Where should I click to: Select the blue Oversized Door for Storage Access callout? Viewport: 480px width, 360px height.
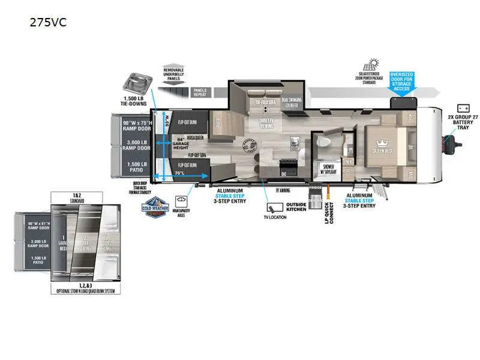(x=402, y=81)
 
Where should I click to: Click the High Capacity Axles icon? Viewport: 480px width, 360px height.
(x=181, y=201)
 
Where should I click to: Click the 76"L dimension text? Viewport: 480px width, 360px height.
(x=179, y=173)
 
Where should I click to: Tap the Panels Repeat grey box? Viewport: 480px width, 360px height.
(x=200, y=92)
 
